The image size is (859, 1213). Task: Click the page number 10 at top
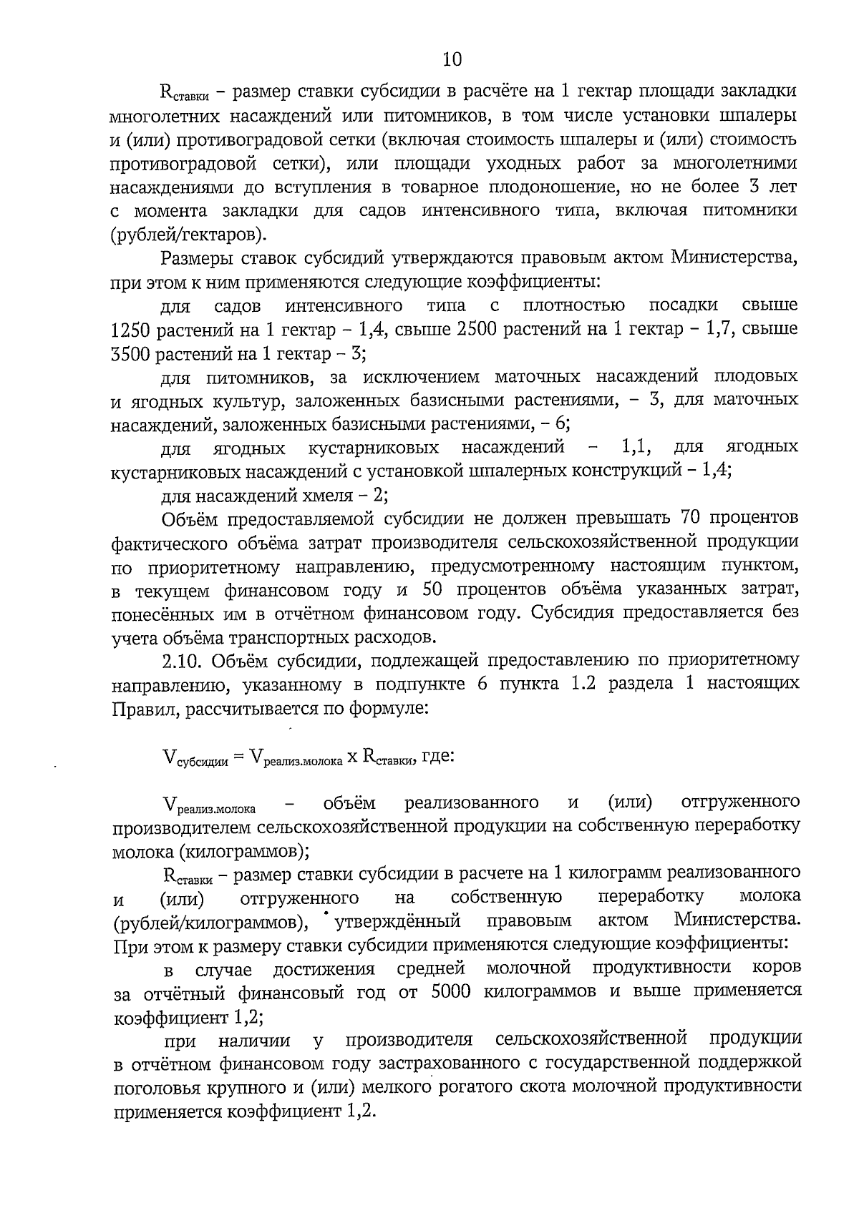tap(452, 58)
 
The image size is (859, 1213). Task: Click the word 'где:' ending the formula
tap(438, 755)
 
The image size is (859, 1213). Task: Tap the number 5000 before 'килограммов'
tap(451, 992)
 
